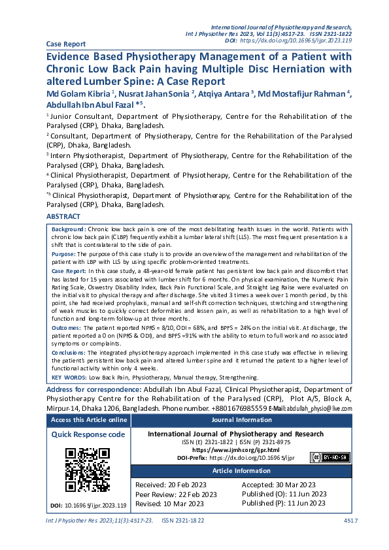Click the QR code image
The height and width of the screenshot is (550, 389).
tap(88, 470)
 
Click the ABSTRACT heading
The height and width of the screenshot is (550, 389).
tap(63, 216)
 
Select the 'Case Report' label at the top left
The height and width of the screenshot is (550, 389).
tap(65, 44)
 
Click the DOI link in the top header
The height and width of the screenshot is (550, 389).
tap(297, 40)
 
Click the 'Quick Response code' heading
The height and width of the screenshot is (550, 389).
tap(88, 434)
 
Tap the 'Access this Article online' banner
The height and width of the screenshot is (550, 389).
tap(88, 420)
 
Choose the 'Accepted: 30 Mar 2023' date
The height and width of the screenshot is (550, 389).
tap(279, 485)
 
